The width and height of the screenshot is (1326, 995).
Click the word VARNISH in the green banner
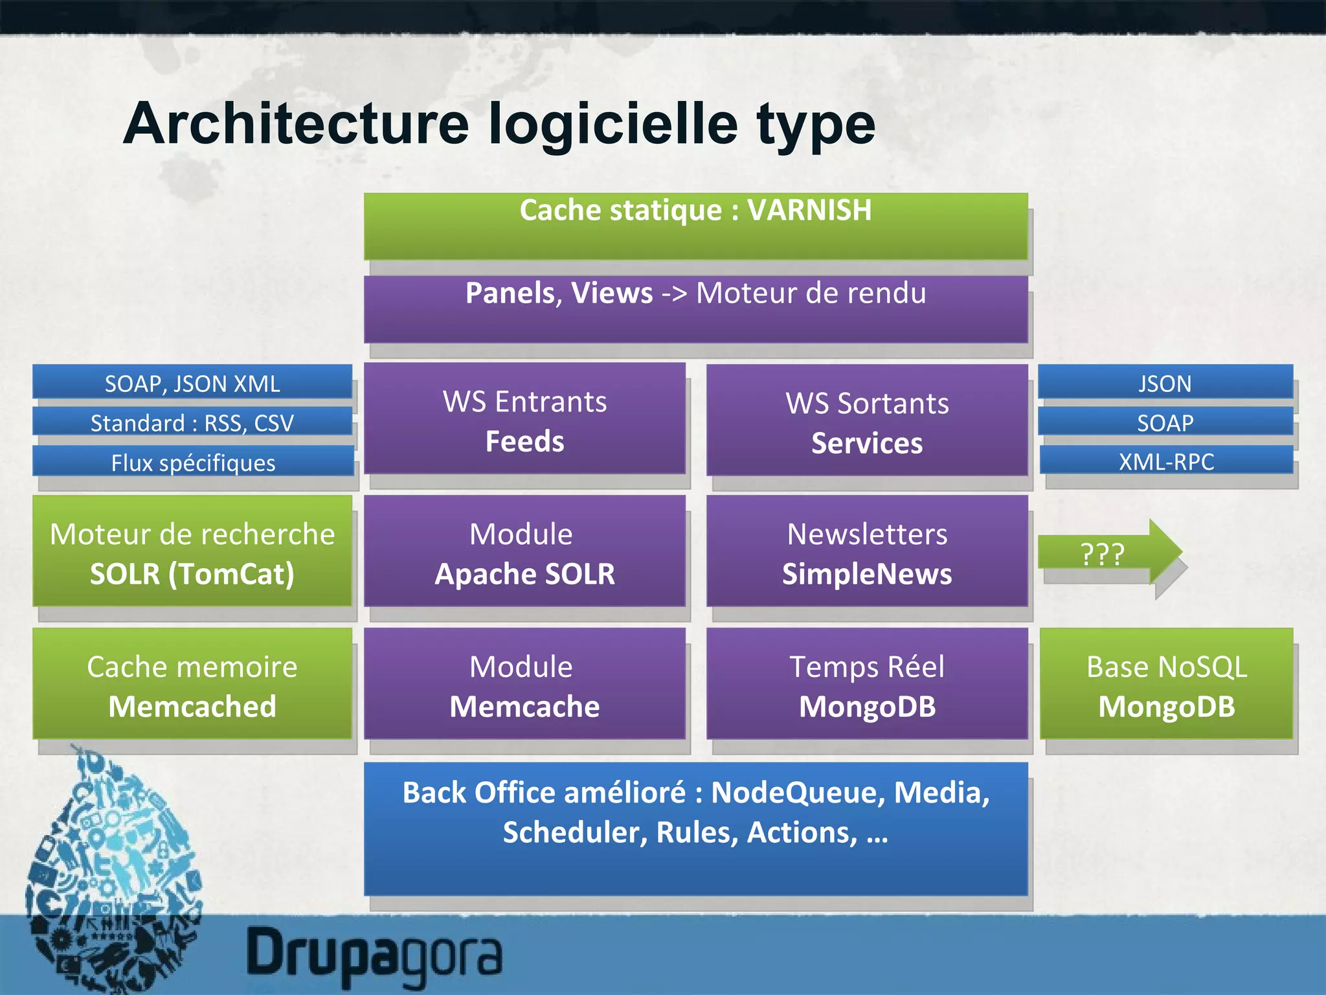pos(809,210)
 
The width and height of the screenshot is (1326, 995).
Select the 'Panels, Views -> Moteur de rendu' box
pos(695,309)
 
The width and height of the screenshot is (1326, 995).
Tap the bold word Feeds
pos(524,442)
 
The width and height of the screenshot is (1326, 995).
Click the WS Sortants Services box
pos(867,420)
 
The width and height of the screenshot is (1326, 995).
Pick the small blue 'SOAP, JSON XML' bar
pos(192,383)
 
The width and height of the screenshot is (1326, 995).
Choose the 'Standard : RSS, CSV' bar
pos(192,422)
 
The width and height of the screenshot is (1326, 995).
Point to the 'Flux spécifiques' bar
pos(193,462)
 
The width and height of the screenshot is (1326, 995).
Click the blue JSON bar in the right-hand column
pos(1165,383)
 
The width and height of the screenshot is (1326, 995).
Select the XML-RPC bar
pos(1166,461)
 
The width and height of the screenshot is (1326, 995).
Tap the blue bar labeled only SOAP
pos(1165,422)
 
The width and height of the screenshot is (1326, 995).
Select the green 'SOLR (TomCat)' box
pos(192,552)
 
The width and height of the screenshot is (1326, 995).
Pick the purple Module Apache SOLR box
pos(524,552)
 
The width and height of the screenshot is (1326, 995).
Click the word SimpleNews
pos(867,574)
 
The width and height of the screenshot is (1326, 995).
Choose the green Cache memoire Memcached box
pos(192,684)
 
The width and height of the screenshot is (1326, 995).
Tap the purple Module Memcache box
pos(524,684)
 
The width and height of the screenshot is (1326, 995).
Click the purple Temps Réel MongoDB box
pos(867,684)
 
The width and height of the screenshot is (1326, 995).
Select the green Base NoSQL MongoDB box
pos(1166,684)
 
